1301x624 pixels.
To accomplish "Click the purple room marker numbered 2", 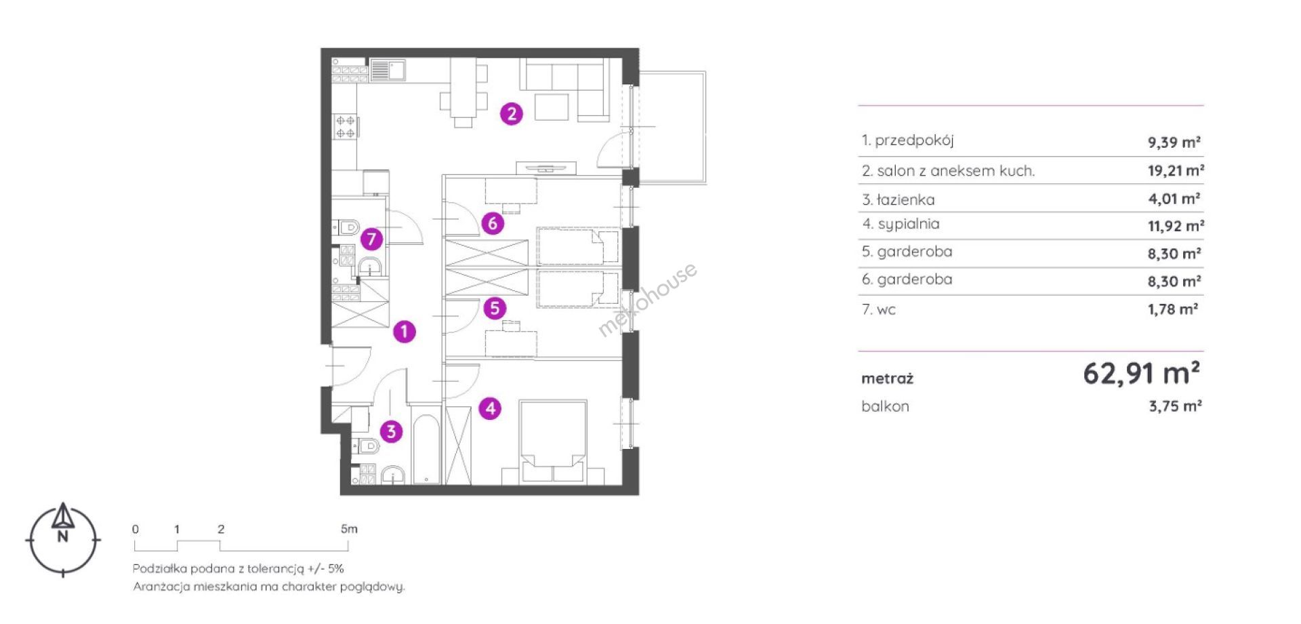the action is (x=512, y=114).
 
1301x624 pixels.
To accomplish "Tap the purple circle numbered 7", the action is (x=371, y=239).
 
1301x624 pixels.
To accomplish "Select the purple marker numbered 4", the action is (x=490, y=408).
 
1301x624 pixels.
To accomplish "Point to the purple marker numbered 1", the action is (x=405, y=332).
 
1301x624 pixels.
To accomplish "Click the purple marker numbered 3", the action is (x=391, y=431).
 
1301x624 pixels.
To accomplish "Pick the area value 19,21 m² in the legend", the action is (x=1176, y=170).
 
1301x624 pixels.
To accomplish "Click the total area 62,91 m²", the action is (x=1142, y=373).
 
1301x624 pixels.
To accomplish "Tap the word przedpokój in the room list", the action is (x=914, y=141).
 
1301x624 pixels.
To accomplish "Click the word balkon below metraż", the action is (x=885, y=406).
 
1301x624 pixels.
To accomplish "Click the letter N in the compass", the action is (x=63, y=537).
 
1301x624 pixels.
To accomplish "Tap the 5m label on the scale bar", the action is (x=349, y=529).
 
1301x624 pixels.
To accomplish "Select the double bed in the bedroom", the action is (x=553, y=442).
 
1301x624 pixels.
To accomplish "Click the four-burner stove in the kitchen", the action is (x=346, y=127).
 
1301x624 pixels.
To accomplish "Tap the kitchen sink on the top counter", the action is (x=388, y=71).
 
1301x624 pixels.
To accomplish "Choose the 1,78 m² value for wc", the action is (x=1173, y=309).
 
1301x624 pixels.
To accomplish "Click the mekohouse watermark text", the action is (x=647, y=299).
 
